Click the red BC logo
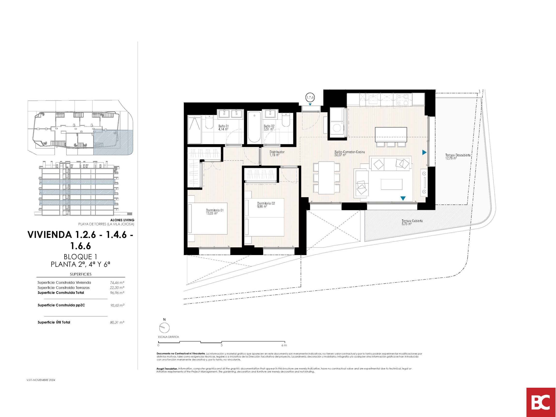[541, 402]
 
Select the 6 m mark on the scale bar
[284, 345]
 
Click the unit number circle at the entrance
[310, 97]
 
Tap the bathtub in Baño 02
[254, 127]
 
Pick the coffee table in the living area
[391, 184]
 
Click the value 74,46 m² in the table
[117, 282]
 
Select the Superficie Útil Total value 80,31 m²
[117, 322]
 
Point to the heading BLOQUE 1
[80, 257]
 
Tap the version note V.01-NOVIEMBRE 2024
[41, 380]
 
